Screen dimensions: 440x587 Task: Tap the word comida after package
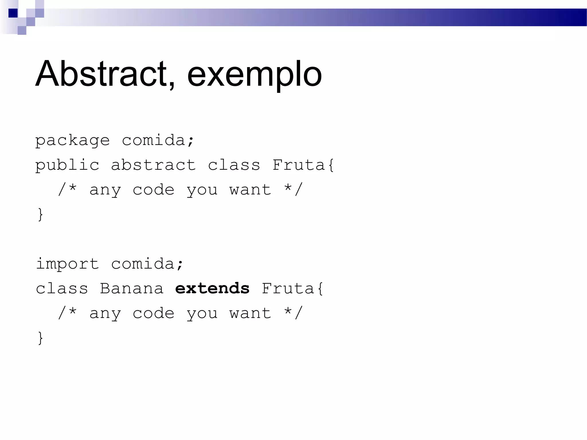pyautogui.click(x=153, y=140)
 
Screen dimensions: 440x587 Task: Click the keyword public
pyautogui.click(x=67, y=165)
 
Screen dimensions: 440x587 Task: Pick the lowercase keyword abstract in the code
pyautogui.click(x=153, y=165)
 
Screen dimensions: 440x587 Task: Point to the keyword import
pyautogui.click(x=67, y=264)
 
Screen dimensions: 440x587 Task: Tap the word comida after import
pyautogui.click(x=142, y=264)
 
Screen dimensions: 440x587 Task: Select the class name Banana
pyautogui.click(x=132, y=288)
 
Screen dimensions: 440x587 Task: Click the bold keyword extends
pyautogui.click(x=212, y=288)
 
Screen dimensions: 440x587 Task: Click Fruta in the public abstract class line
pyautogui.click(x=298, y=165)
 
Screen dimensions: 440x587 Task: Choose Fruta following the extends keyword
pyautogui.click(x=288, y=288)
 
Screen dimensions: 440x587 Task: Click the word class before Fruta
pyautogui.click(x=234, y=165)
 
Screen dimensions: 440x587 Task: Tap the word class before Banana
pyautogui.click(x=62, y=288)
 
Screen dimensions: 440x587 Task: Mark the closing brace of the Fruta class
pyautogui.click(x=40, y=214)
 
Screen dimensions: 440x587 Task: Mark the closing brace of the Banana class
pyautogui.click(x=40, y=338)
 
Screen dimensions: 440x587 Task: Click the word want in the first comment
pyautogui.click(x=250, y=190)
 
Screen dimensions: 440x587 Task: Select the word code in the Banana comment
pyautogui.click(x=153, y=313)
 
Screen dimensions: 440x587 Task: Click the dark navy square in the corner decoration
pyautogui.click(x=13, y=13)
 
